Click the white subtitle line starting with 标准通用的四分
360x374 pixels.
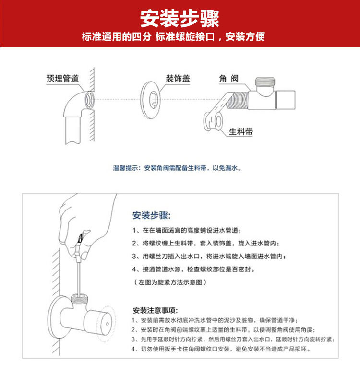click(x=173, y=37)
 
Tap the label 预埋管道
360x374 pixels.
click(x=62, y=78)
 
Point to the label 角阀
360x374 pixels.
click(x=229, y=78)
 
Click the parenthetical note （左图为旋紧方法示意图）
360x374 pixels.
click(x=170, y=282)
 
